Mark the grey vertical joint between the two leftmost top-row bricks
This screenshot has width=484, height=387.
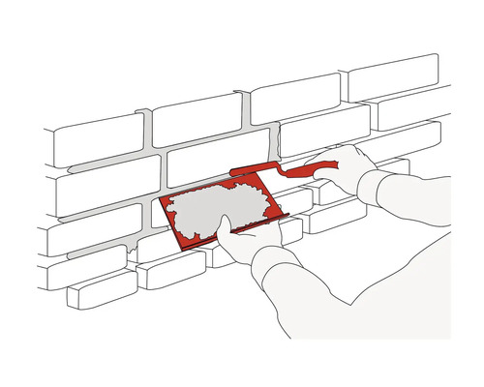pos(147,126)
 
